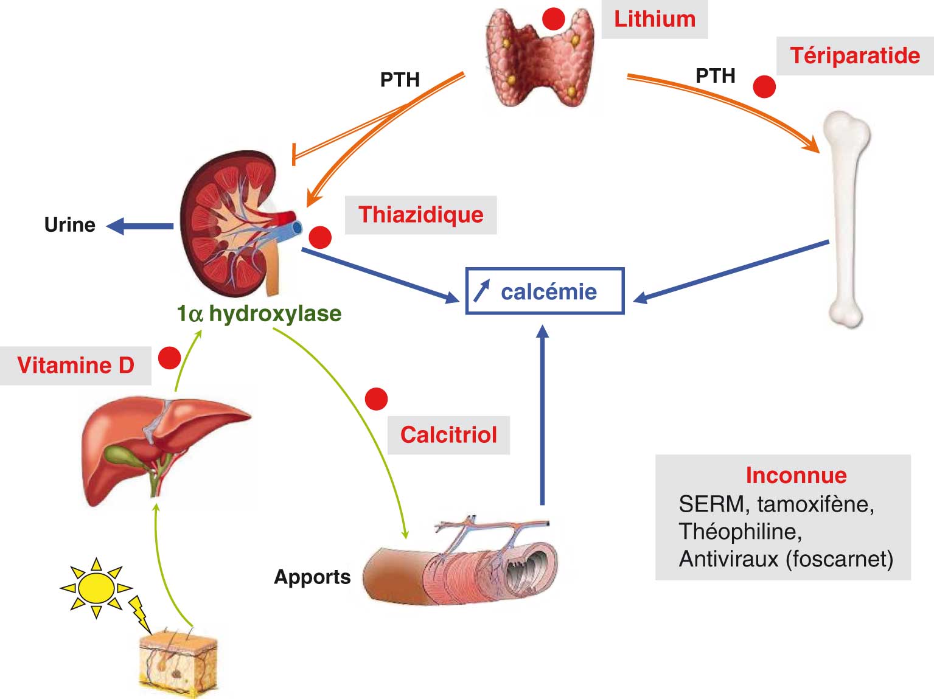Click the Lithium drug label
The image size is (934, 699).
(x=655, y=19)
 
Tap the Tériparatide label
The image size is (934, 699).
(x=854, y=56)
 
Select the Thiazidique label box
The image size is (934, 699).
(x=420, y=215)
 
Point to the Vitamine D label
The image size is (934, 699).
(x=75, y=365)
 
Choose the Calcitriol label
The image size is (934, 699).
(x=448, y=435)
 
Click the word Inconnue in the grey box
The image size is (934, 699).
(x=796, y=475)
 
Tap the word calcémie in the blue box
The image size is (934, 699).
(x=549, y=292)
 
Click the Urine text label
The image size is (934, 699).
(x=69, y=225)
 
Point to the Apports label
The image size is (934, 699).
(x=312, y=577)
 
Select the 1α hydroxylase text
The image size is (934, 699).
(x=259, y=314)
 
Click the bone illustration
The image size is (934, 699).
(x=847, y=219)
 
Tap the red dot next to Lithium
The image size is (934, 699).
(x=554, y=19)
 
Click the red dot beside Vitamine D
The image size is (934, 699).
(x=169, y=358)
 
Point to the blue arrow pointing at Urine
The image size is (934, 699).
(x=141, y=226)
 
